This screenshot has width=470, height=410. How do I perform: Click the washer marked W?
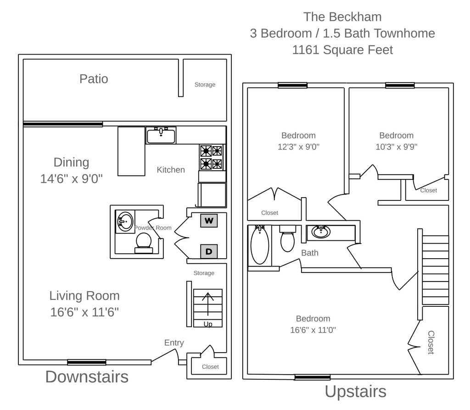pos(209,221)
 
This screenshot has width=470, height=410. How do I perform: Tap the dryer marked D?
pos(209,251)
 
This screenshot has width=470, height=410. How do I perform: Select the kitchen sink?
pos(161,136)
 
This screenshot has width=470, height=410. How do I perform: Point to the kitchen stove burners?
pos(211,157)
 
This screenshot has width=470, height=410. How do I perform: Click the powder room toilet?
pos(144,242)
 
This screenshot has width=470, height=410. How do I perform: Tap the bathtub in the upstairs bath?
pos(260,245)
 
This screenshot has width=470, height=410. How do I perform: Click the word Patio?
pos(94,79)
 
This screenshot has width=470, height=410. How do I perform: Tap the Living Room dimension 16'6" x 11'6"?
pos(85,312)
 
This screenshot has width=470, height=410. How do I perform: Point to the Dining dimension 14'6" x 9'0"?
pos(71,178)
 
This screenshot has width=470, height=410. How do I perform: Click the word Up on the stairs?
pos(208,324)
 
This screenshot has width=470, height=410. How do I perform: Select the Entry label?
pos(174,343)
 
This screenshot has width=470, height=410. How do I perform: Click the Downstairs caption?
pos(87,377)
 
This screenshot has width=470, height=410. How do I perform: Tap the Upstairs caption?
pos(355,392)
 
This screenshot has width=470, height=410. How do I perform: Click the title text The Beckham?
pos(342,17)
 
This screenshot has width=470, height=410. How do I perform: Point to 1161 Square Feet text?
pos(342,50)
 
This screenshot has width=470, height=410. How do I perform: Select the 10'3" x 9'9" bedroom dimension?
pos(396,147)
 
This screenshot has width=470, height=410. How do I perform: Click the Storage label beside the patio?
pos(205,84)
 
